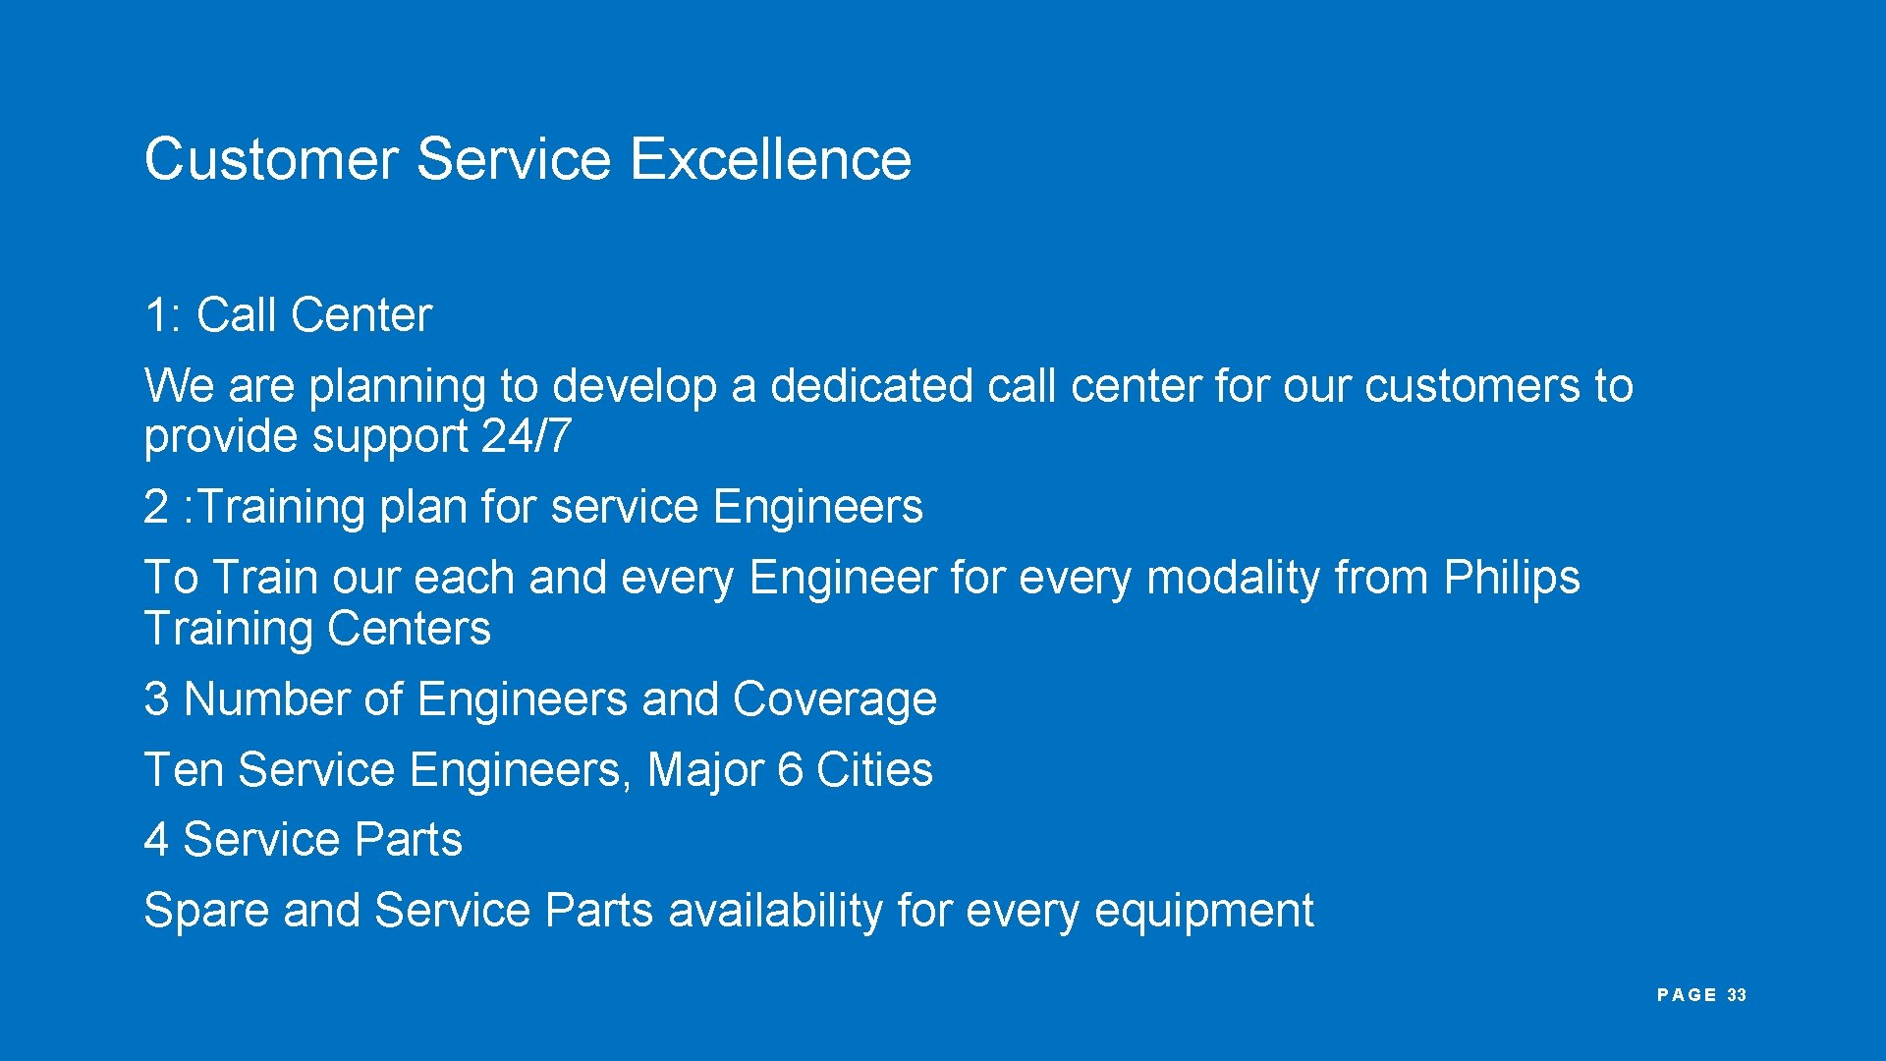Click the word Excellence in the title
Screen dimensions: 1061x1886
[x=769, y=159]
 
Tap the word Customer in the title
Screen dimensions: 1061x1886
[x=271, y=159]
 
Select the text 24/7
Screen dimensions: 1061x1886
[x=526, y=436]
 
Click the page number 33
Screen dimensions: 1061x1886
[x=1737, y=995]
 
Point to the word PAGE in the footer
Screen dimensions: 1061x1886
[x=1687, y=995]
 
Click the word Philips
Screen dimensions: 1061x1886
[x=1511, y=578]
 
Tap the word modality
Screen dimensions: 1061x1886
[x=1233, y=578]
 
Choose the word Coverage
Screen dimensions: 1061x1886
[x=834, y=699]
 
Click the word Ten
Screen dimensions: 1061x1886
[x=184, y=770]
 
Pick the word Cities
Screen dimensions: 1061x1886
[x=874, y=770]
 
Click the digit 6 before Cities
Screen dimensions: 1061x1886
[x=790, y=770]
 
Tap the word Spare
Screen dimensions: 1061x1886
[x=206, y=911]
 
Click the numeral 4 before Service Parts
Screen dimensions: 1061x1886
[x=156, y=841]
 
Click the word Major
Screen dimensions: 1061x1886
[x=705, y=770]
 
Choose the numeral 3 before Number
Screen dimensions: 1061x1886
[x=156, y=699]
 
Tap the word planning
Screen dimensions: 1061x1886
[x=397, y=386]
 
